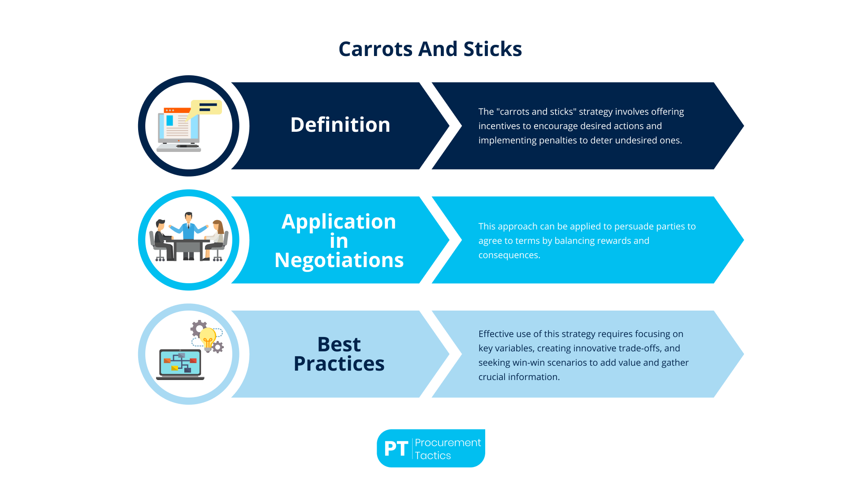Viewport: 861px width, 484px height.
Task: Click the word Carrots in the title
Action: pyautogui.click(x=375, y=49)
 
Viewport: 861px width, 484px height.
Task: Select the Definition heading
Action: pyautogui.click(x=340, y=125)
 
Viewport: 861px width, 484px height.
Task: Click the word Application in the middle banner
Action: pyautogui.click(x=339, y=221)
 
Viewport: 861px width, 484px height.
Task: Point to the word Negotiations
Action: pyautogui.click(x=339, y=260)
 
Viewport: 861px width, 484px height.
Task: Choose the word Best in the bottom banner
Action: pyautogui.click(x=339, y=344)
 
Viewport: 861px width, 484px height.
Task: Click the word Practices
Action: pyautogui.click(x=339, y=363)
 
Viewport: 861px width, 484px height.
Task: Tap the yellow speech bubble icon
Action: pyautogui.click(x=206, y=108)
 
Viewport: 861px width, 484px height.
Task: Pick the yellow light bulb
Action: pyautogui.click(x=208, y=338)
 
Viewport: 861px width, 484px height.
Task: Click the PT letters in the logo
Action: pyautogui.click(x=396, y=449)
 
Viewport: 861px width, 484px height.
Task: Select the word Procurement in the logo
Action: pyautogui.click(x=448, y=442)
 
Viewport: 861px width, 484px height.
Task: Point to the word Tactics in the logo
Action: pyautogui.click(x=433, y=455)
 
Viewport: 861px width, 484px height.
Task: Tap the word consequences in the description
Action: pyautogui.click(x=509, y=255)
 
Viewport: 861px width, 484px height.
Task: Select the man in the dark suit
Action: pyautogui.click(x=162, y=238)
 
